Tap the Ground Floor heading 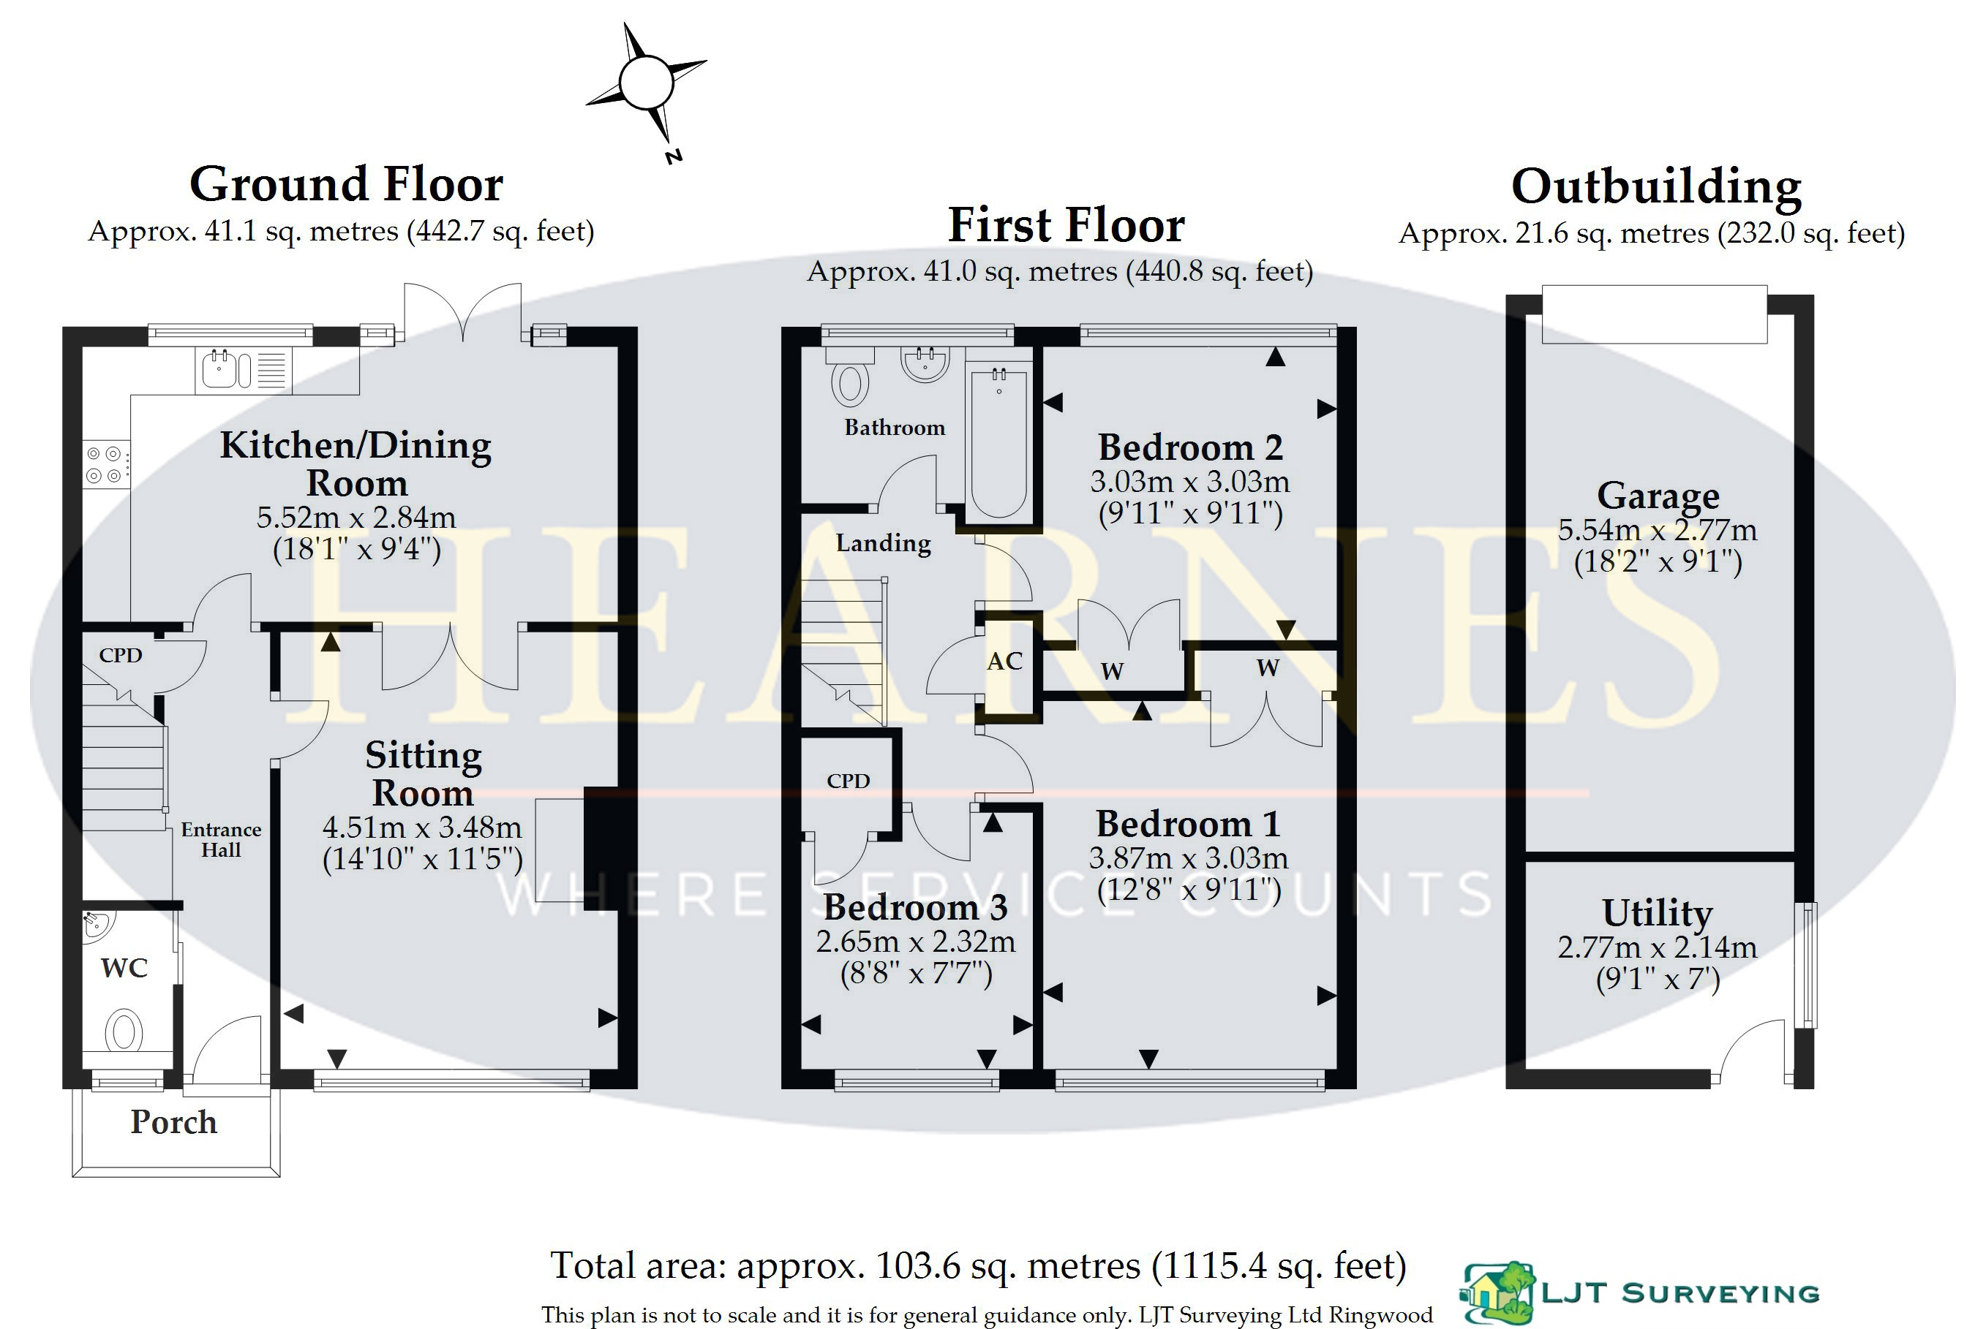tap(346, 184)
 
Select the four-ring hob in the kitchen tap(105, 464)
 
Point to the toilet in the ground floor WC tap(124, 1031)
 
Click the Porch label tap(174, 1121)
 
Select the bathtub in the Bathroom tap(999, 442)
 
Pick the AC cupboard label tap(1004, 661)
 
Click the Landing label tap(883, 542)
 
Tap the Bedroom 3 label tap(915, 908)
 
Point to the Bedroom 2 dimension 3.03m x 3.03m tap(1189, 482)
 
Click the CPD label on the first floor tap(848, 781)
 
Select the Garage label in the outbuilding tap(1658, 495)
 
